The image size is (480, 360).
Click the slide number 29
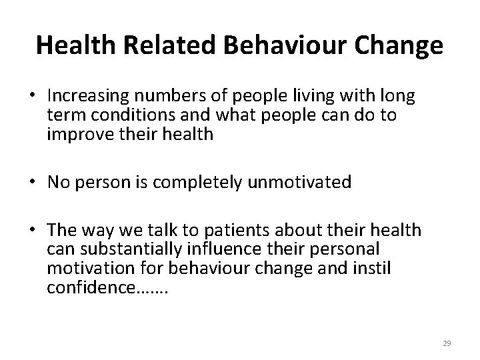click(447, 343)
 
